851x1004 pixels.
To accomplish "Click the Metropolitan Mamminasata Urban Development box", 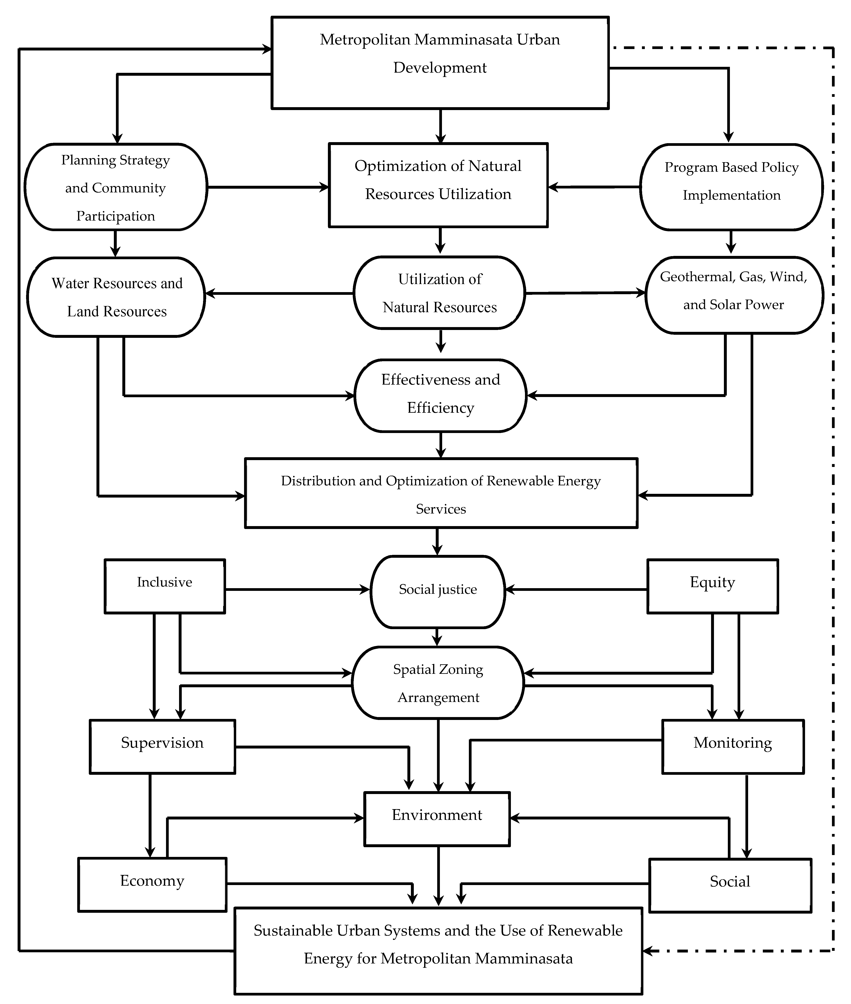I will pyautogui.click(x=440, y=63).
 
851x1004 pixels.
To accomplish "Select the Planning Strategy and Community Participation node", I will pyautogui.click(x=116, y=187).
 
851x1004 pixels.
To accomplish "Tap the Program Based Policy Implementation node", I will pyautogui.click(x=731, y=187).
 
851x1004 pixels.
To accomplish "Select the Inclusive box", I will pyautogui.click(x=165, y=586).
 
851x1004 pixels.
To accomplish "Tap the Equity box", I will pyautogui.click(x=712, y=586).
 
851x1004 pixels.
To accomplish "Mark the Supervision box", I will pyautogui.click(x=162, y=746).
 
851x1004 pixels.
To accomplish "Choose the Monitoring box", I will pyautogui.click(x=733, y=746).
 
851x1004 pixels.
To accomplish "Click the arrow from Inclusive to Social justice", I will pyautogui.click(x=297, y=589).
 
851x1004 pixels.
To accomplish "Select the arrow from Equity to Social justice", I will pyautogui.click(x=577, y=589).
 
